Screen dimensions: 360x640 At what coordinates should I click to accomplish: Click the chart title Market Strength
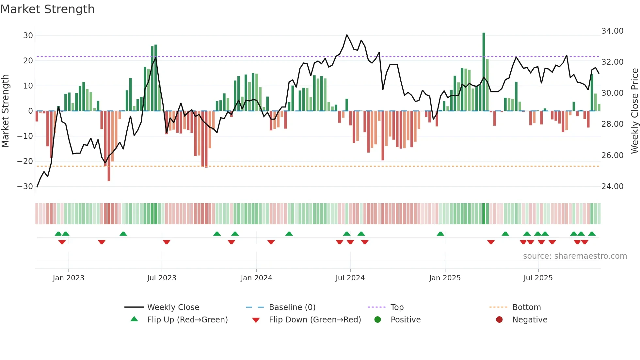[x=48, y=9]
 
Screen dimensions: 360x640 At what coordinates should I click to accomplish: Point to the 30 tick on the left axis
[x=28, y=36]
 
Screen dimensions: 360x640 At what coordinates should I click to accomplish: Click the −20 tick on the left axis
[x=25, y=161]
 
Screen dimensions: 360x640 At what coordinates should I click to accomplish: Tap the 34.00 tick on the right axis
[x=612, y=31]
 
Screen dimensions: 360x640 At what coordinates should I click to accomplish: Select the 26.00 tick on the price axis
[x=612, y=155]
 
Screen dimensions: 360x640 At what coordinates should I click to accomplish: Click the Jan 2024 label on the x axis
[x=256, y=278]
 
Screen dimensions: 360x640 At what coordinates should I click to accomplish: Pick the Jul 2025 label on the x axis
[x=538, y=278]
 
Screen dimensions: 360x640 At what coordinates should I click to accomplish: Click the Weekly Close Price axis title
[x=634, y=111]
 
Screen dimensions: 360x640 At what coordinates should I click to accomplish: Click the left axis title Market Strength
[x=5, y=111]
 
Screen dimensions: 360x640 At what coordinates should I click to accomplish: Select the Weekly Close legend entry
[x=173, y=307]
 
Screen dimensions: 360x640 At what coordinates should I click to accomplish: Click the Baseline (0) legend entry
[x=292, y=307]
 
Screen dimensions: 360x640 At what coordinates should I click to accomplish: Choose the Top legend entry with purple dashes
[x=397, y=307]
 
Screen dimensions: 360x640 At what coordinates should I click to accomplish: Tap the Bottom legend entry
[x=526, y=307]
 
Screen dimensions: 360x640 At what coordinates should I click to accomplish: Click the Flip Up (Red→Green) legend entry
[x=187, y=320]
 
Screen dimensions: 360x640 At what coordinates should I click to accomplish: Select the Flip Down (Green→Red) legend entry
[x=315, y=320]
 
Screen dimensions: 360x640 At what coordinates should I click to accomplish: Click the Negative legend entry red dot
[x=499, y=320]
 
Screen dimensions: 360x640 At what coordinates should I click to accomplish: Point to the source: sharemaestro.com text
[x=575, y=256]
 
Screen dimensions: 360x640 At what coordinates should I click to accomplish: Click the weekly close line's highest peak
[x=347, y=35]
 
